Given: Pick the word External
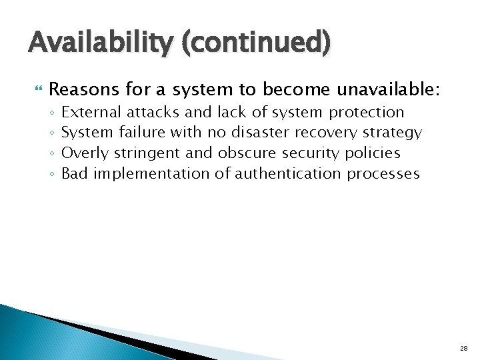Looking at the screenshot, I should pyautogui.click(x=96, y=112).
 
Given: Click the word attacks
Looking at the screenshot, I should pyautogui.click(x=153, y=112).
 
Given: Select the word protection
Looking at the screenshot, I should pyautogui.click(x=367, y=112).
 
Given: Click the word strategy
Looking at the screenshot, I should pyautogui.click(x=393, y=133).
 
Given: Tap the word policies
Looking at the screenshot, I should pyautogui.click(x=373, y=153).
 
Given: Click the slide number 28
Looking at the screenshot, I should pyautogui.click(x=463, y=348).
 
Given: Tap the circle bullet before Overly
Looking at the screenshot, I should pyautogui.click(x=51, y=154).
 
